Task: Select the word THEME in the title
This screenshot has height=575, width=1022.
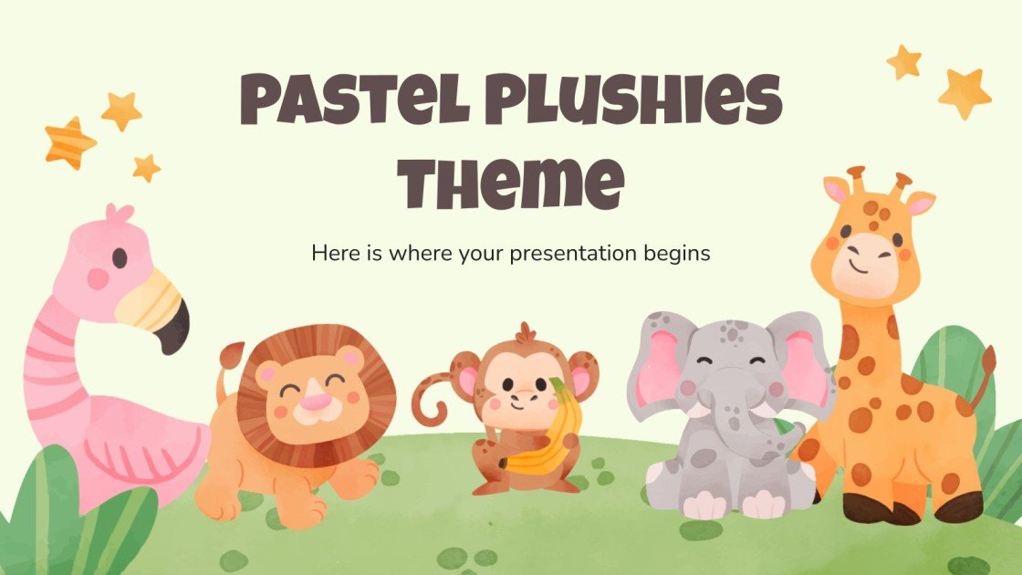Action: click(x=510, y=183)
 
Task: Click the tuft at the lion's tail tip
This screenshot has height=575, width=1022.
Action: click(x=231, y=352)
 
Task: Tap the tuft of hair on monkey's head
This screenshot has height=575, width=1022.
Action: click(x=523, y=331)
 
